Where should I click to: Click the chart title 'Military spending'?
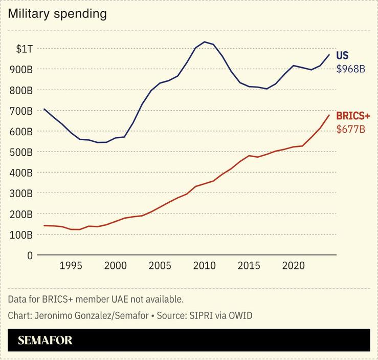click(x=57, y=14)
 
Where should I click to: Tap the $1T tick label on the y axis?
click(x=24, y=49)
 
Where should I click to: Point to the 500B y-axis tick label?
click(x=22, y=152)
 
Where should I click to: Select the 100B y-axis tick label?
click(x=22, y=235)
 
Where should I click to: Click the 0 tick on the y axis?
click(x=30, y=255)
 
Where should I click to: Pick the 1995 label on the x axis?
click(x=71, y=266)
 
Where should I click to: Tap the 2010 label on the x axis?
click(x=205, y=266)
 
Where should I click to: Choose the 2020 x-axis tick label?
click(x=294, y=266)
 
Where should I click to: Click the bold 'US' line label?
click(x=342, y=56)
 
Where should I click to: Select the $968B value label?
click(x=350, y=68)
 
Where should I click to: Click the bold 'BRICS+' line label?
click(x=353, y=116)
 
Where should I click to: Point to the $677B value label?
click(x=350, y=129)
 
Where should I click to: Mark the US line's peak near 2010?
click(x=205, y=42)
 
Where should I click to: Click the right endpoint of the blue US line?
click(x=329, y=55)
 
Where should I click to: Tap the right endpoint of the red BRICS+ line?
click(x=329, y=115)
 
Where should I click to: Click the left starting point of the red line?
click(x=45, y=225)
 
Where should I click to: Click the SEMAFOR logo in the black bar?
click(x=45, y=341)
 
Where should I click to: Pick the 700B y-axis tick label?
click(x=22, y=111)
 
